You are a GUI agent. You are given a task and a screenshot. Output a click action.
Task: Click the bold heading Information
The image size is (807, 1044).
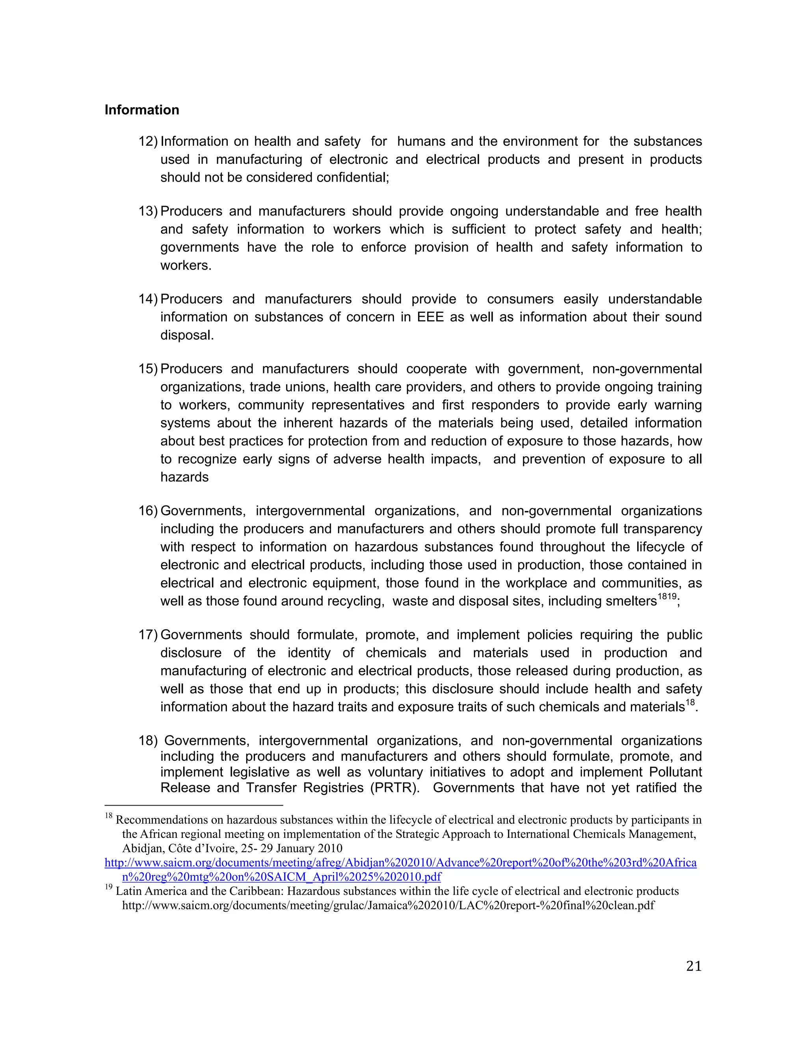tap(141, 110)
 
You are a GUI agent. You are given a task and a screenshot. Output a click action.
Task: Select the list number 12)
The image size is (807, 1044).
tap(148, 141)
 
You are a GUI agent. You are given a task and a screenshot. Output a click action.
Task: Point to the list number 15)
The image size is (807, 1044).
tap(148, 369)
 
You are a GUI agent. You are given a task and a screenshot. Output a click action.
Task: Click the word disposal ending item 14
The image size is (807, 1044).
tap(186, 335)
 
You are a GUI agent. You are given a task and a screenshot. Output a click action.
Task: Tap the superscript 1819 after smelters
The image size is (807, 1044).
tap(667, 596)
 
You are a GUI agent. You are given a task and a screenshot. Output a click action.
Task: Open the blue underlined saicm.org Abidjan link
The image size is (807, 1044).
tap(400, 863)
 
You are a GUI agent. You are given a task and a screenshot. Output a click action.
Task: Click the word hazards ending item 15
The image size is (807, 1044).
tap(184, 477)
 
